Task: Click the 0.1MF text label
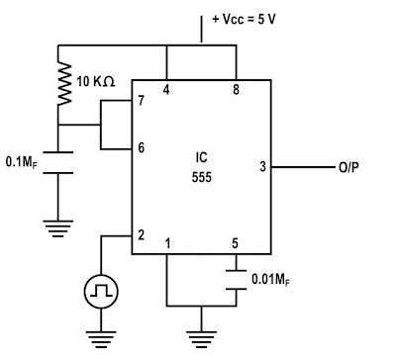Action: pos(24,160)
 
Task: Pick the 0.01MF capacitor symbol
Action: pos(236,281)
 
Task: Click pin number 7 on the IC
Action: pos(142,101)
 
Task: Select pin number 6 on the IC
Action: pos(142,147)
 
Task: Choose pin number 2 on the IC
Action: pos(142,235)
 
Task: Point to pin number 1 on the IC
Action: pos(167,243)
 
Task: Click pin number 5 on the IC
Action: pos(235,243)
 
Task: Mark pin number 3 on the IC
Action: pos(262,167)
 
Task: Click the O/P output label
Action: pos(348,168)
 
